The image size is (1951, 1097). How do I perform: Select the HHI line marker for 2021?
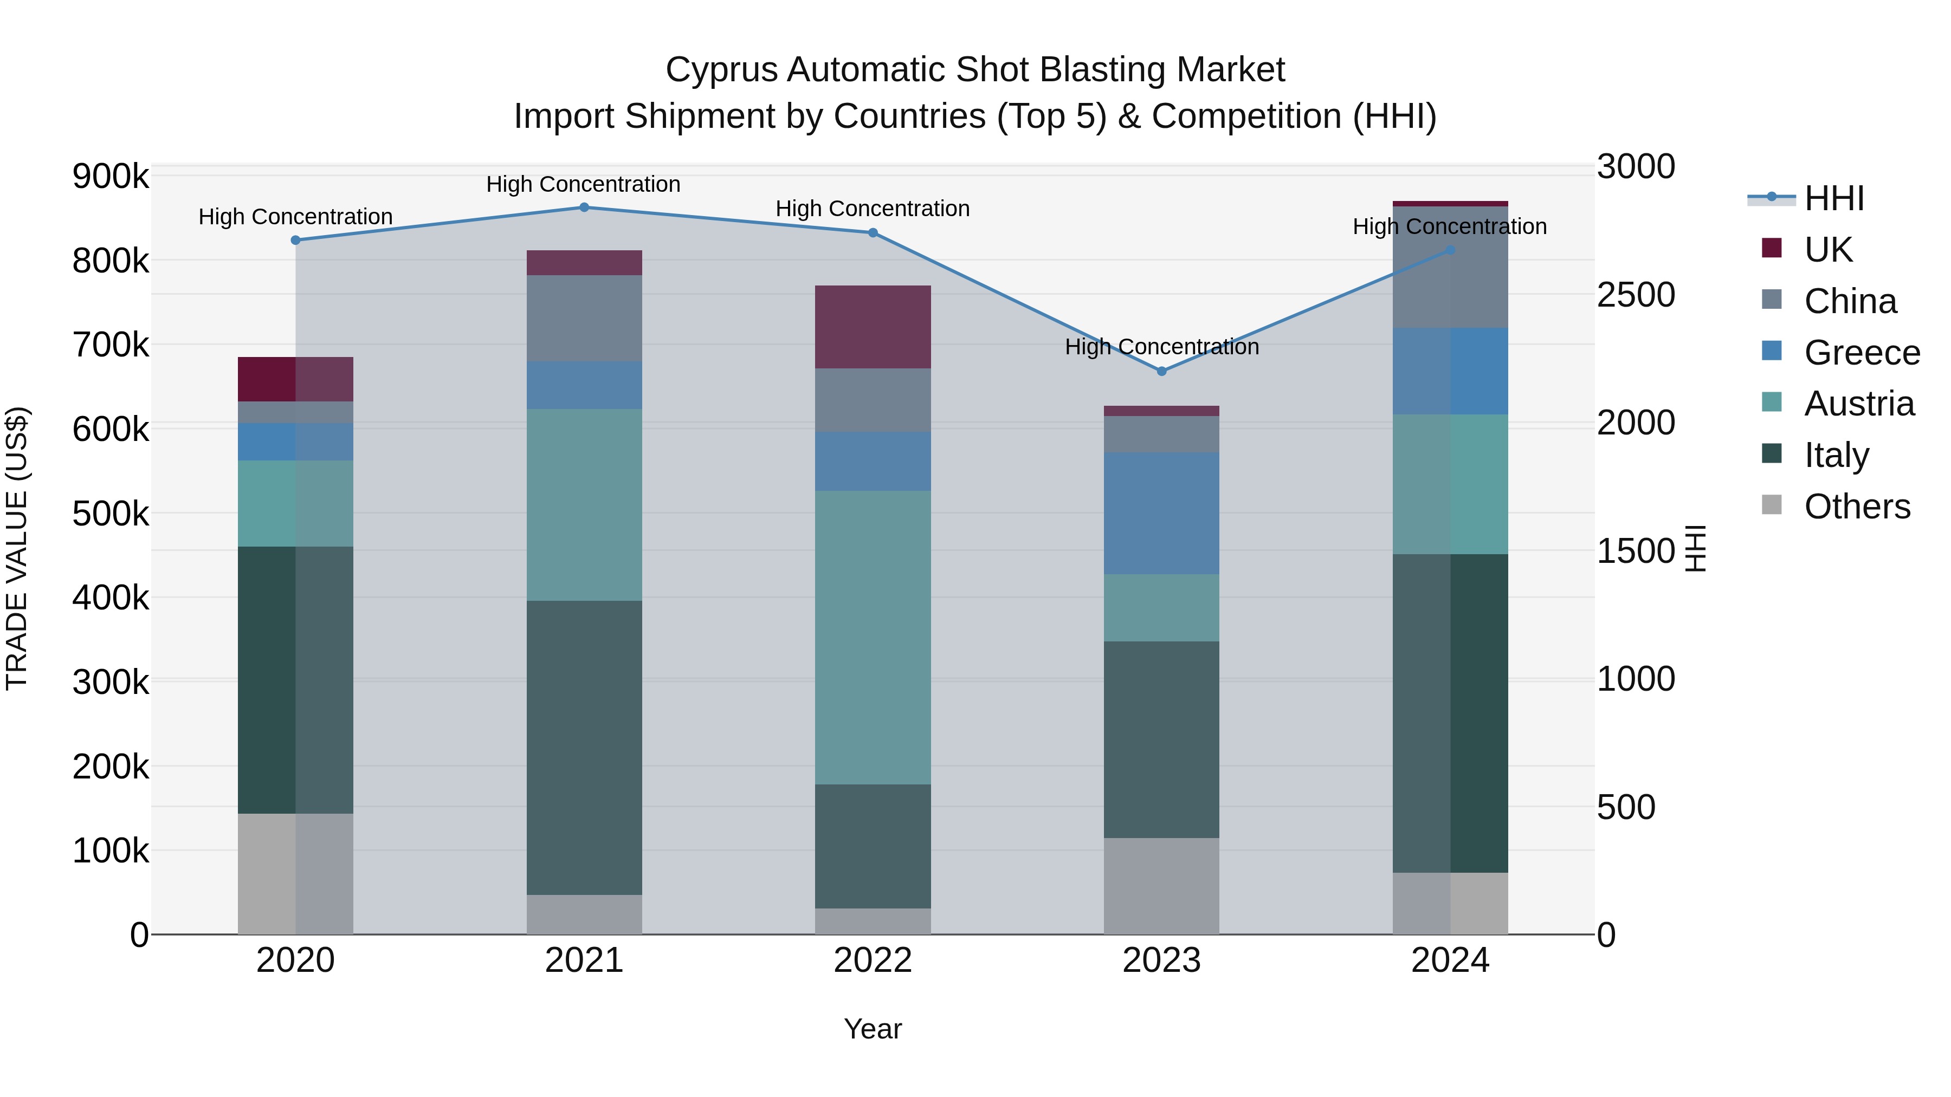tap(584, 207)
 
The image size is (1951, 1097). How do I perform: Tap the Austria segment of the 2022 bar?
tap(873, 638)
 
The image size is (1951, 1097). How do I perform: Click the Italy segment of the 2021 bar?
tap(584, 748)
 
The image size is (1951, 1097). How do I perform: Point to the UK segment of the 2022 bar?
tap(873, 327)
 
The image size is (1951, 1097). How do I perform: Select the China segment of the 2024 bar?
tap(1450, 267)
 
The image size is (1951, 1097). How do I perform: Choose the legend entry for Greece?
tap(1862, 353)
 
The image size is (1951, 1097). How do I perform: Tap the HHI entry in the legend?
tap(1833, 198)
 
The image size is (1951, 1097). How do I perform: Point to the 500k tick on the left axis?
tap(111, 514)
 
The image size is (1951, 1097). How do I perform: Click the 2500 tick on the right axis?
tap(1636, 295)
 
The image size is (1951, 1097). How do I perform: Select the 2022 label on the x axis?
tap(873, 960)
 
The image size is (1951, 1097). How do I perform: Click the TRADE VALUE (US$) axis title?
tap(17, 548)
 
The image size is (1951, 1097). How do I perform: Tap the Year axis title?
tap(873, 1029)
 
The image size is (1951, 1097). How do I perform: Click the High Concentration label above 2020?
tap(295, 217)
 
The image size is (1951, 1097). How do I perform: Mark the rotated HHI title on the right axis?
tap(1696, 548)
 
